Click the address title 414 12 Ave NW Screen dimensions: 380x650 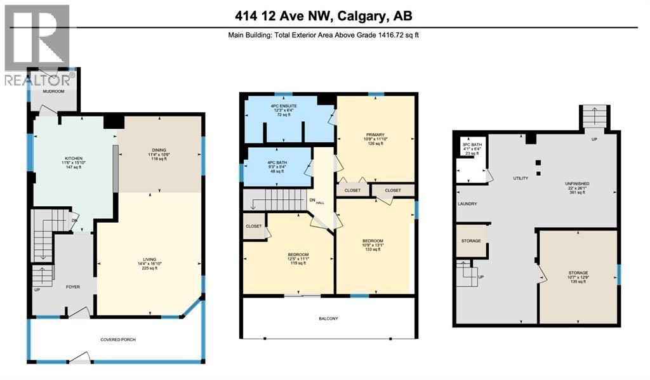coord(324,16)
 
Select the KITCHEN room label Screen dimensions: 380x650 coord(74,159)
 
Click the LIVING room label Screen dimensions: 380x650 coord(149,259)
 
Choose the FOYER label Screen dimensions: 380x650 coord(74,286)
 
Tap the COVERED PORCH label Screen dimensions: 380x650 coord(117,340)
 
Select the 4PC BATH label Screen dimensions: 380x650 coord(277,163)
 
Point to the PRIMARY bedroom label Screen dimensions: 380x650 coord(375,135)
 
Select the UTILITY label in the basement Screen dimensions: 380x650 coord(521,178)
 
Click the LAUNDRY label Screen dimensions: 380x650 coord(467,204)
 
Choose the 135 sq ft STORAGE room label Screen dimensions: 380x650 coord(578,273)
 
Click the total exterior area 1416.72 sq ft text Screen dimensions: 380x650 coord(324,36)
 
